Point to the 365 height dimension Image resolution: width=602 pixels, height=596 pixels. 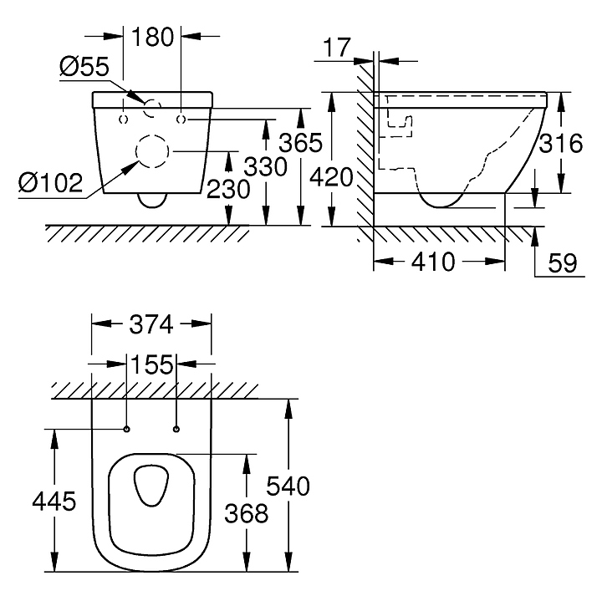(x=301, y=143)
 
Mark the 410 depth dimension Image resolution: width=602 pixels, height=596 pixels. (x=436, y=262)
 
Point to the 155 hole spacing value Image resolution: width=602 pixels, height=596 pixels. (x=151, y=364)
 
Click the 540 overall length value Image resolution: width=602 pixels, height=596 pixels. (x=288, y=486)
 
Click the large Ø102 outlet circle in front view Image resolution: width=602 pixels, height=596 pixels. (x=152, y=151)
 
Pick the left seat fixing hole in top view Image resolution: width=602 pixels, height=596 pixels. (x=126, y=430)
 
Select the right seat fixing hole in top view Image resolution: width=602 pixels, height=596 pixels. (x=176, y=430)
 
